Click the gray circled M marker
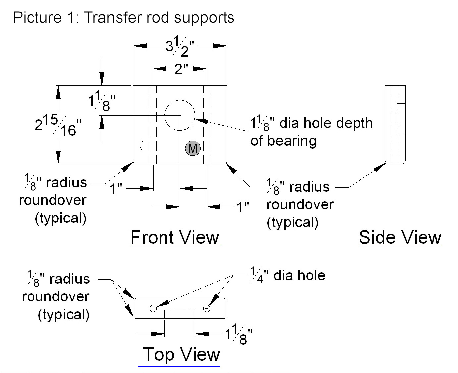(x=193, y=148)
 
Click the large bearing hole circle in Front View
(x=180, y=115)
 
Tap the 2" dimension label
(x=180, y=69)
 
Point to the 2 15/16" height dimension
(x=58, y=125)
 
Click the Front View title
(x=175, y=237)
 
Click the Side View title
(x=400, y=237)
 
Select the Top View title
(x=181, y=354)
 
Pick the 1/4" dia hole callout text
(x=288, y=276)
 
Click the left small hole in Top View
(x=153, y=308)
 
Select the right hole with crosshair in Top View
(x=207, y=308)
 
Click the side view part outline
(x=395, y=124)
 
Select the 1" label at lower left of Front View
(x=116, y=189)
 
